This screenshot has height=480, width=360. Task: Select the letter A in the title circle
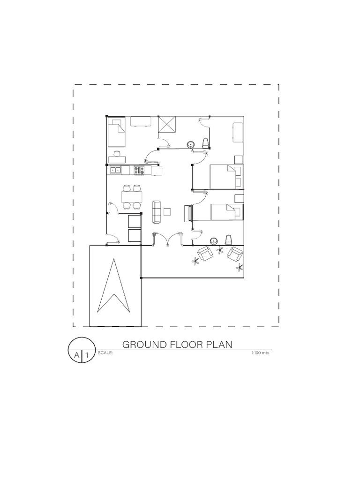pyautogui.click(x=76, y=356)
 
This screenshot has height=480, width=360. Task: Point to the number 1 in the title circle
pyautogui.click(x=87, y=356)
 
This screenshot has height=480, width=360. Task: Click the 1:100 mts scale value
pyautogui.click(x=261, y=353)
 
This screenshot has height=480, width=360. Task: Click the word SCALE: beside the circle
pyautogui.click(x=105, y=353)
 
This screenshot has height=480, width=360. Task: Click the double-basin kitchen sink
pyautogui.click(x=115, y=170)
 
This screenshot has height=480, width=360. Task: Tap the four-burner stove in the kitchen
pyautogui.click(x=139, y=171)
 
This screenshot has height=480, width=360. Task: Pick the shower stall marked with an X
pyautogui.click(x=167, y=125)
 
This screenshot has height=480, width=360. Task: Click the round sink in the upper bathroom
pyautogui.click(x=190, y=144)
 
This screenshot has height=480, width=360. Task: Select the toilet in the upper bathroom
pyautogui.click(x=205, y=143)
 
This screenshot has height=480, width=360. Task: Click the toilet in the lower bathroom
pyautogui.click(x=228, y=240)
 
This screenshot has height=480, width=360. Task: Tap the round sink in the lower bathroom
pyautogui.click(x=214, y=241)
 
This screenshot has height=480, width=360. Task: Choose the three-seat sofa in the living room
pyautogui.click(x=157, y=212)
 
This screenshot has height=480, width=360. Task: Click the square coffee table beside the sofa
pyautogui.click(x=167, y=212)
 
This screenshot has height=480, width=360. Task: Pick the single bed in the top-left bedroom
pyautogui.click(x=117, y=133)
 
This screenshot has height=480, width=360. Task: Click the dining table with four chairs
pyautogui.click(x=131, y=197)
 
